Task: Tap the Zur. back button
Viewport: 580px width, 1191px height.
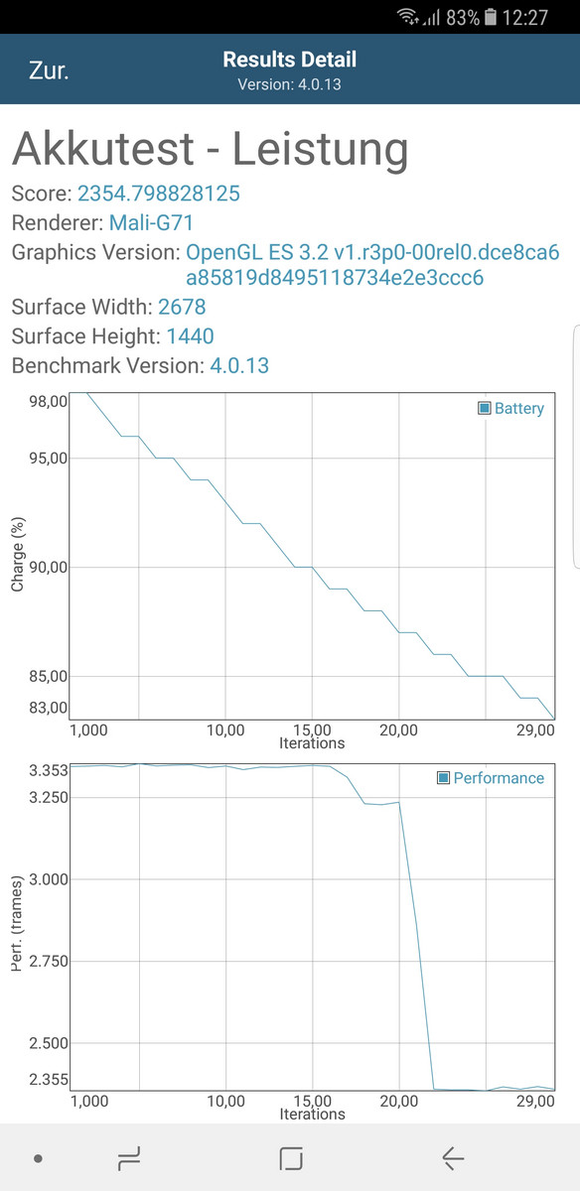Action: (49, 70)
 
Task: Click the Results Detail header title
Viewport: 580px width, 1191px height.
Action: (289, 60)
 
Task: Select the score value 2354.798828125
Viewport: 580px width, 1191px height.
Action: (159, 193)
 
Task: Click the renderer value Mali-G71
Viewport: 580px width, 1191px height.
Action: (151, 222)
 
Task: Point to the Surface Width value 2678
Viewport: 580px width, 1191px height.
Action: (182, 307)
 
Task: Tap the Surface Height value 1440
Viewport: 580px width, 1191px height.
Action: (190, 336)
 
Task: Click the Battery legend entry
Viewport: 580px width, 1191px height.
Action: (510, 408)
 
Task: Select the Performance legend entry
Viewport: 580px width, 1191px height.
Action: (491, 778)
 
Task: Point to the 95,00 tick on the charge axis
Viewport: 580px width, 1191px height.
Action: (49, 458)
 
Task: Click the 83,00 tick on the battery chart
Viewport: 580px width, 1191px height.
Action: (49, 708)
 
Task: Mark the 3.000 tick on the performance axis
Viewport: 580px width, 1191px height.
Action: (49, 879)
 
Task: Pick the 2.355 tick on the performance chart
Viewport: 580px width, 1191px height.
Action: (49, 1080)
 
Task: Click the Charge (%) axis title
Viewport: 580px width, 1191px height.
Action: (18, 554)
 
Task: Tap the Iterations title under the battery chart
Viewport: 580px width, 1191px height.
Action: (312, 743)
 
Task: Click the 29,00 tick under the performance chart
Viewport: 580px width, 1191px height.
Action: (535, 1102)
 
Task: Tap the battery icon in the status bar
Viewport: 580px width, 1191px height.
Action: (491, 17)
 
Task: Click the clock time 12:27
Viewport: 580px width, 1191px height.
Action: (524, 18)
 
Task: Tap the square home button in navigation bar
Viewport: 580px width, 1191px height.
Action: (291, 1158)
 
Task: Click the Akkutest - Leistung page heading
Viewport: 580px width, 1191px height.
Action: (211, 149)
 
